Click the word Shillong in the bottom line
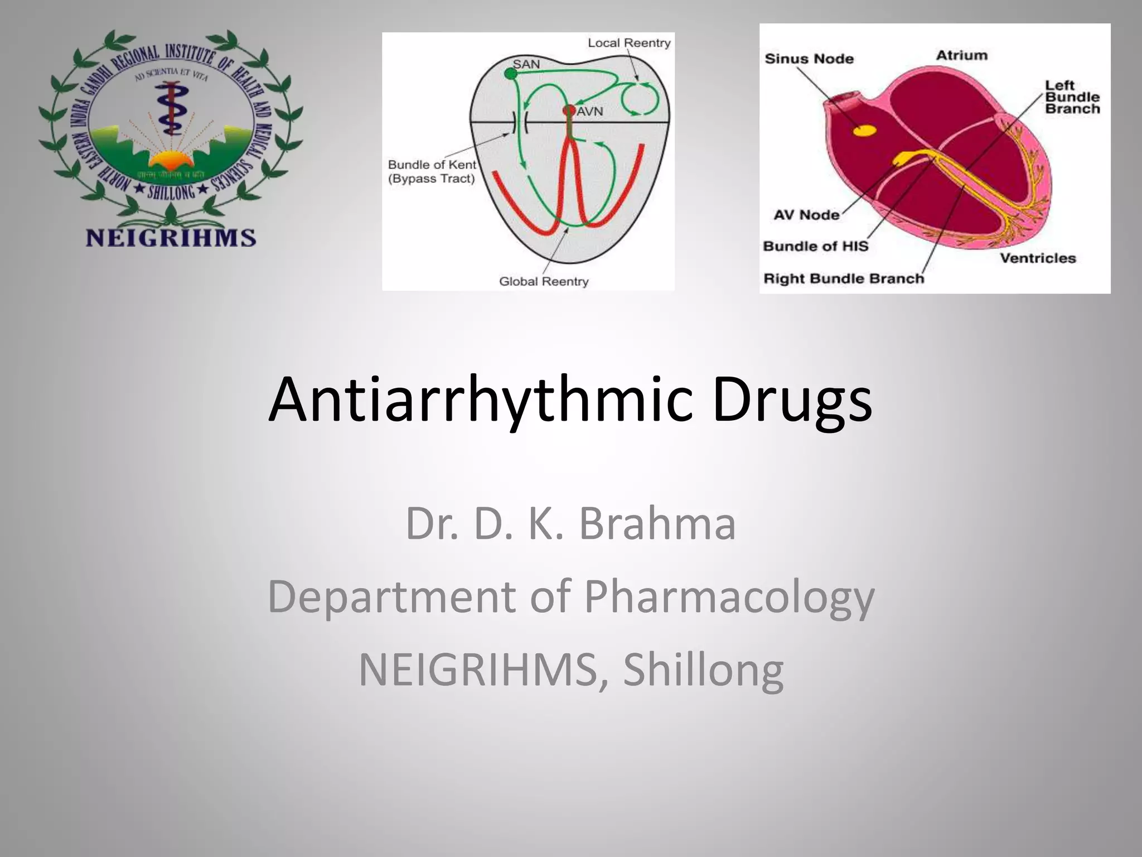click(703, 669)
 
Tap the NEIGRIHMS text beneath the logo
click(171, 238)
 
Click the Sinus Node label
click(809, 59)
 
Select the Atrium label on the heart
click(961, 55)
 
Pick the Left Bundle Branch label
click(1072, 97)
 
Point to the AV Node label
click(806, 215)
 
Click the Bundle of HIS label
click(815, 246)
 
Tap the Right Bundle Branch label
click(843, 278)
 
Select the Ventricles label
click(1037, 258)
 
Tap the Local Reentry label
click(629, 43)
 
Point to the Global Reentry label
click(544, 281)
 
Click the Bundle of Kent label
click(432, 165)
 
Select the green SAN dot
click(510, 73)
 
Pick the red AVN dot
click(569, 110)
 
